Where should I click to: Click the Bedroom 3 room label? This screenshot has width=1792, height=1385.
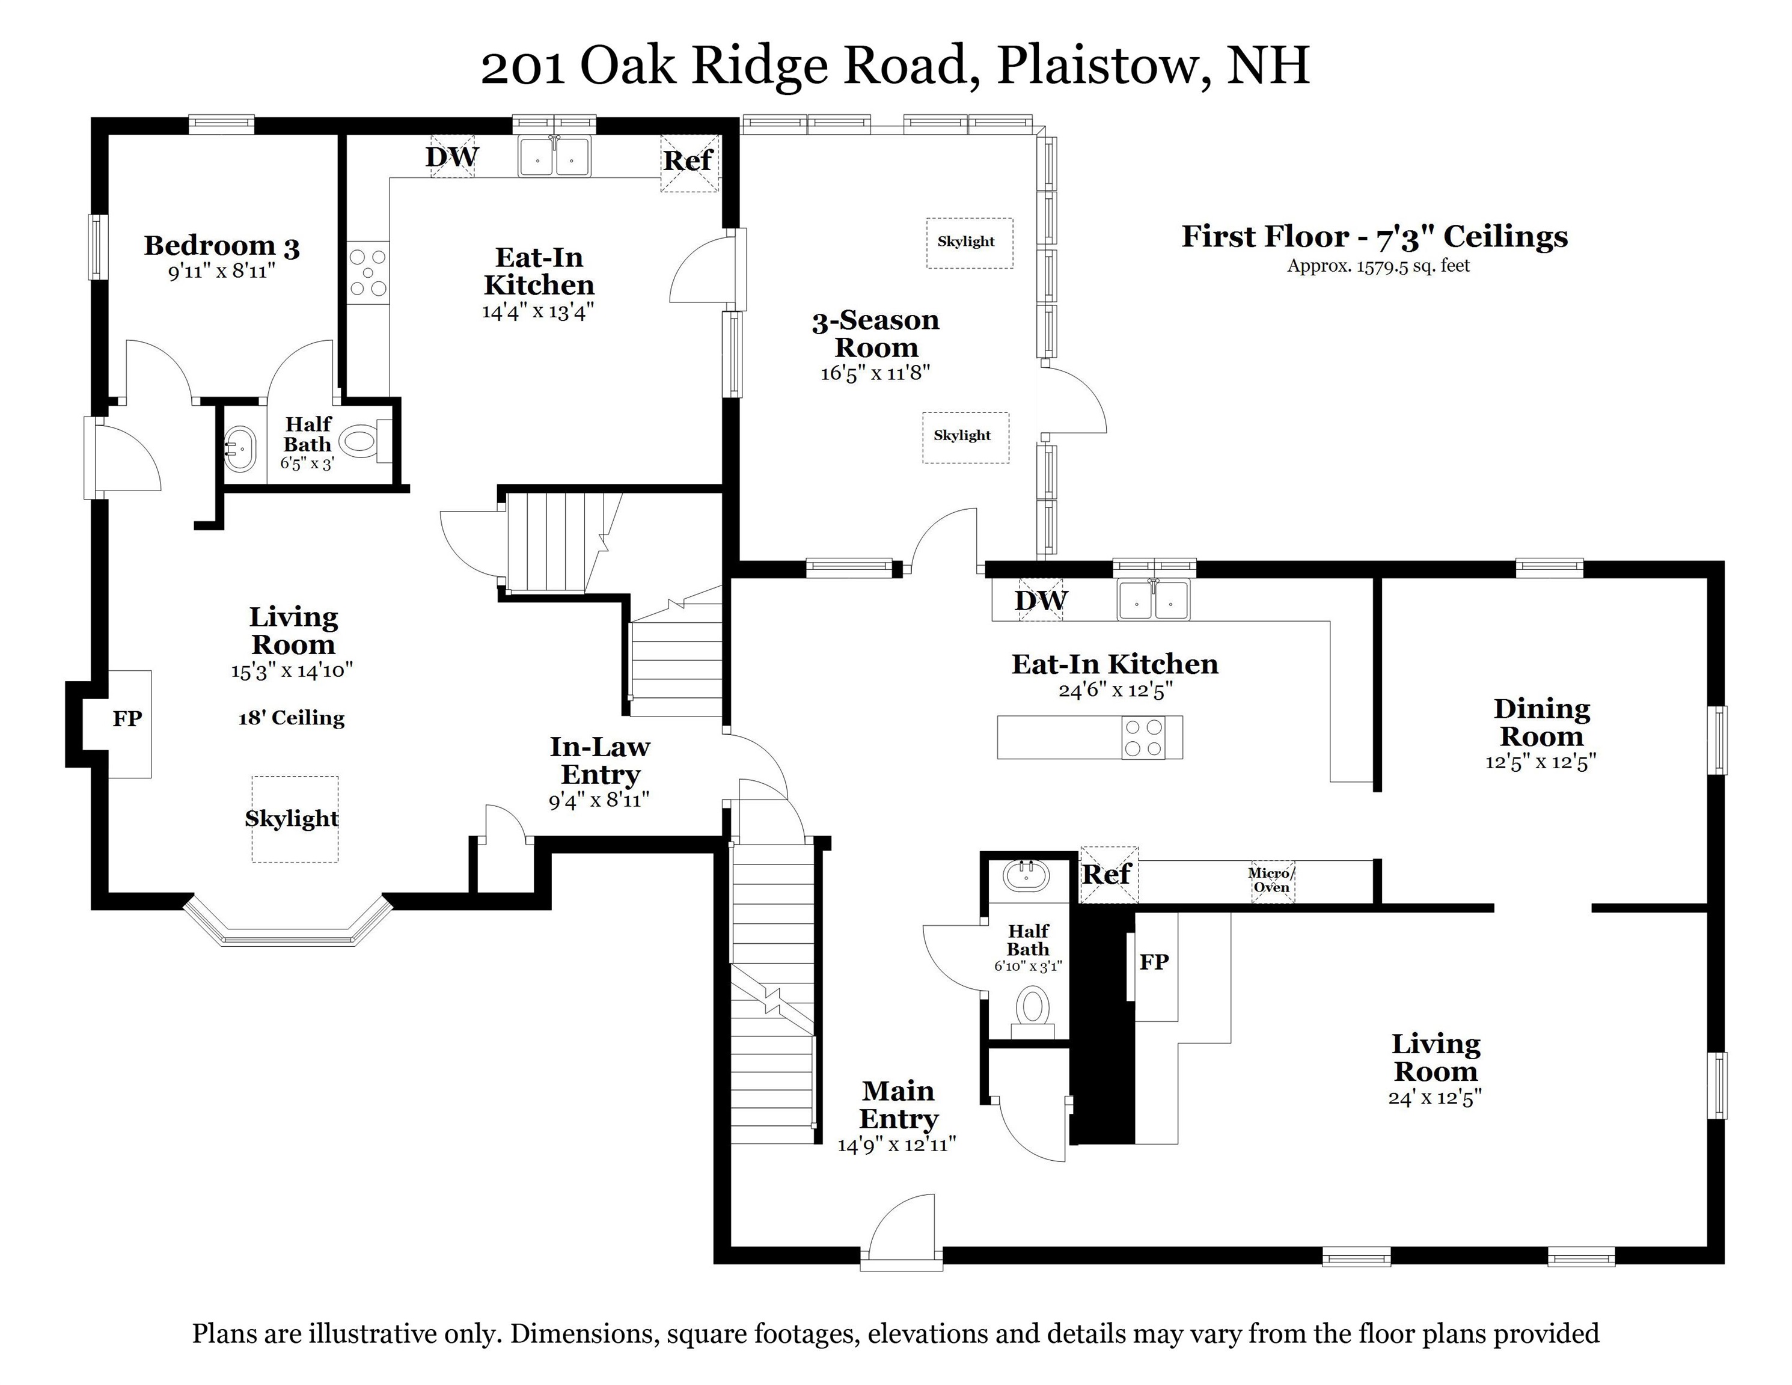point(222,245)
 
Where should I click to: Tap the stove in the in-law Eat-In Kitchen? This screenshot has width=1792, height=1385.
point(367,272)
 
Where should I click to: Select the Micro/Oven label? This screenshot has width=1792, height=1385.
point(1271,879)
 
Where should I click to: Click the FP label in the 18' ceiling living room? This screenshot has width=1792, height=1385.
point(127,719)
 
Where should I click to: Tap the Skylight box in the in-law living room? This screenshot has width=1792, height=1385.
point(293,818)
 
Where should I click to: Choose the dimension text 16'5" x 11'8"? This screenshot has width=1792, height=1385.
point(875,373)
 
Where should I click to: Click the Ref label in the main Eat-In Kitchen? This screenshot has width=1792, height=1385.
point(1107,875)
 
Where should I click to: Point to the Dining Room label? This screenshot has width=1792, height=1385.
point(1541,722)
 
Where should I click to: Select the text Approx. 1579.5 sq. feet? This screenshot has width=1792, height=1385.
point(1378,266)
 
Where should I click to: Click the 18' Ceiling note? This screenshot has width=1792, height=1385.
point(292,718)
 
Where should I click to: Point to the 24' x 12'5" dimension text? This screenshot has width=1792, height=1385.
point(1434,1097)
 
